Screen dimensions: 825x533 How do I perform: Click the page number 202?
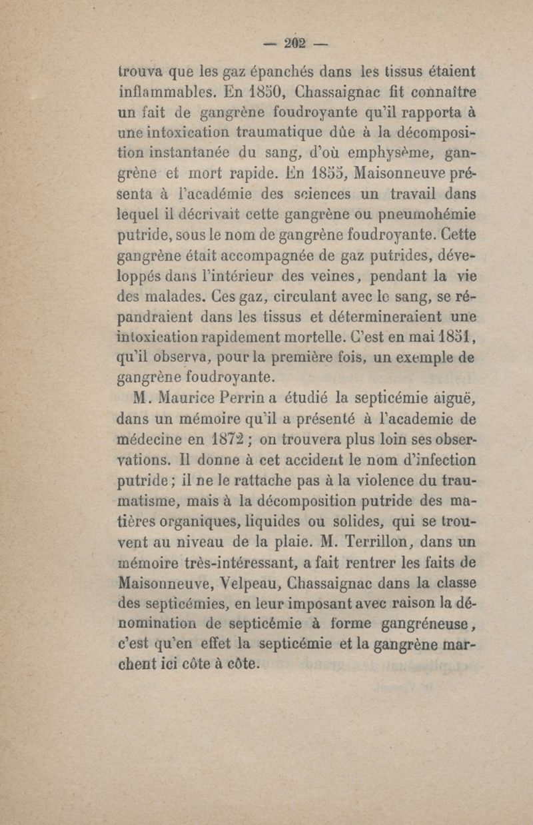(x=293, y=43)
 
